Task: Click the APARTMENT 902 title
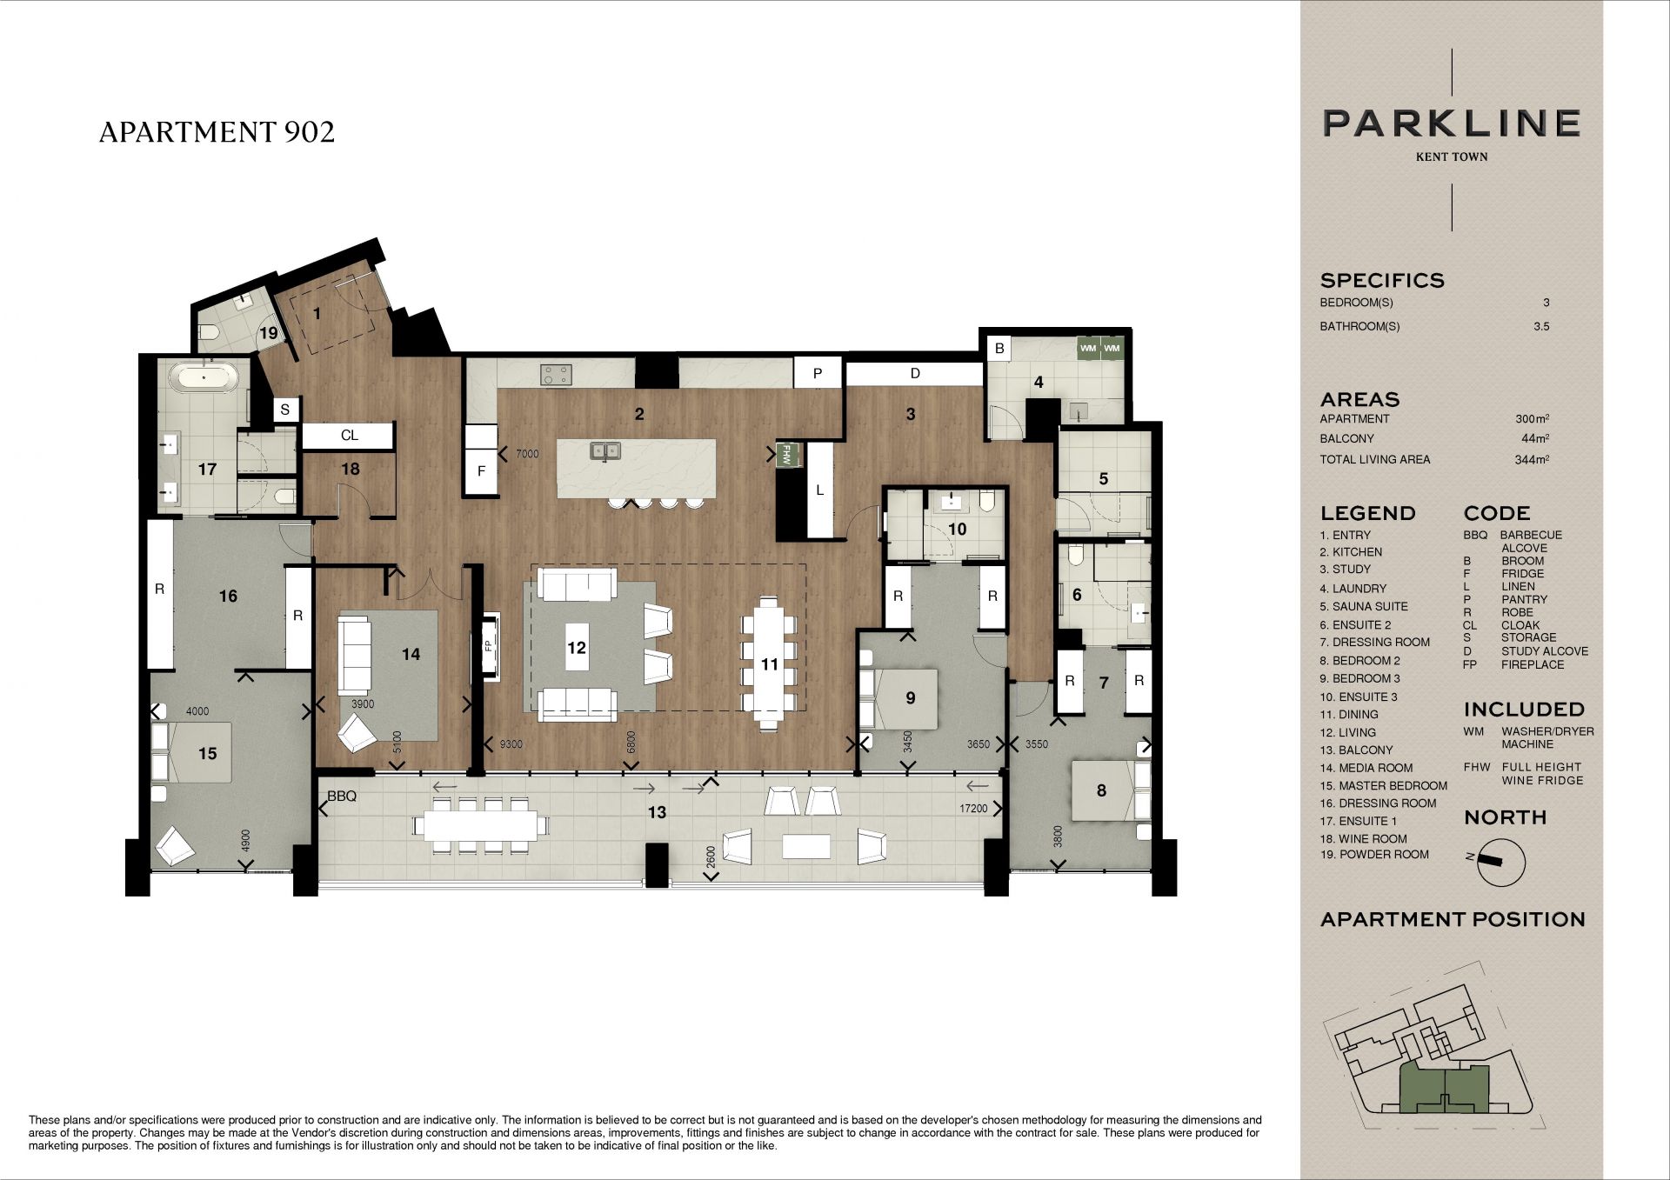(217, 132)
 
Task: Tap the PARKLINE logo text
(1452, 123)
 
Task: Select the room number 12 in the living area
(577, 647)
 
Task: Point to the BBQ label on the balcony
(342, 796)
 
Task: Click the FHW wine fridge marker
(787, 455)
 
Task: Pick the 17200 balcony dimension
(973, 809)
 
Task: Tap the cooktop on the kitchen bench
(557, 375)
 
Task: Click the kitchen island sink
(605, 450)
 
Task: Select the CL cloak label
(350, 436)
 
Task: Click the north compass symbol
(1500, 862)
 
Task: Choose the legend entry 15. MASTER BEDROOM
(1383, 785)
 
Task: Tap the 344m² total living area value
(1532, 459)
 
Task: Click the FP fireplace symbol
(488, 646)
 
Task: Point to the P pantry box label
(818, 373)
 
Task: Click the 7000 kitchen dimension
(527, 454)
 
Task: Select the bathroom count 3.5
(1541, 327)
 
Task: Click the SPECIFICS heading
(1382, 281)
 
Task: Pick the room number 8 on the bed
(1101, 790)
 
